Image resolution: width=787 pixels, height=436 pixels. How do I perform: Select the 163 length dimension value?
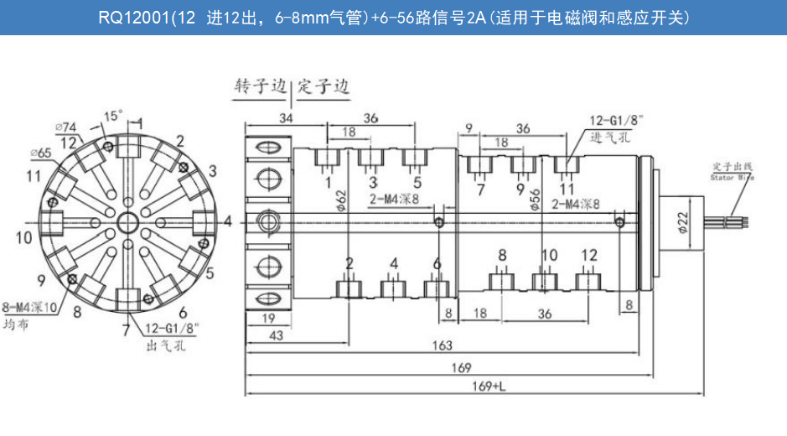pyautogui.click(x=442, y=345)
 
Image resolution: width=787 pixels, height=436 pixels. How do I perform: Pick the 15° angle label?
pyautogui.click(x=113, y=115)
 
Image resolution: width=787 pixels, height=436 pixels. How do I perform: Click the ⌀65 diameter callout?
pyautogui.click(x=40, y=153)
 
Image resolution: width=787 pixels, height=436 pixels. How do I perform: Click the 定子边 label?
pyautogui.click(x=323, y=86)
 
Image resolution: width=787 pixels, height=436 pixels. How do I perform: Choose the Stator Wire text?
pyautogui.click(x=733, y=178)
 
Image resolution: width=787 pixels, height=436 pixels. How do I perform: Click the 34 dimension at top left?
pyautogui.click(x=286, y=118)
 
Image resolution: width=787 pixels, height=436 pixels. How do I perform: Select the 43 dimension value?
pyautogui.click(x=268, y=335)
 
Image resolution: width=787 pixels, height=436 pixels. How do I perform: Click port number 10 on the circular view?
pyautogui.click(x=23, y=237)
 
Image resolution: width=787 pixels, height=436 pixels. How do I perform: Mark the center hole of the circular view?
pyautogui.click(x=128, y=222)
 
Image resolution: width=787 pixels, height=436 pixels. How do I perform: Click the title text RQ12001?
pyautogui.click(x=134, y=17)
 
